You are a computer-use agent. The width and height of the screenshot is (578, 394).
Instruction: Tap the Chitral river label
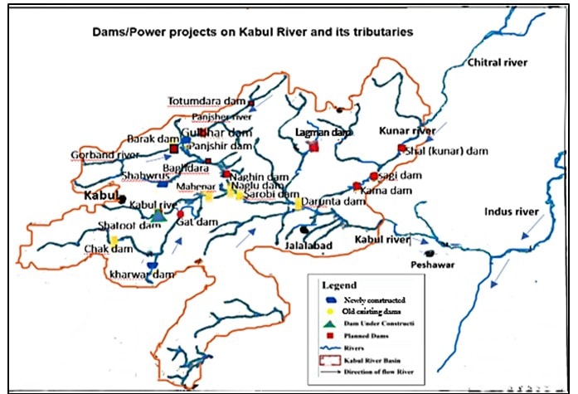coord(497,63)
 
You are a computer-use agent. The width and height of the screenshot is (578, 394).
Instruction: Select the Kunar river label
coord(407,131)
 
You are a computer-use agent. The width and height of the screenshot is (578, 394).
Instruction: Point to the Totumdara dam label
coord(206,101)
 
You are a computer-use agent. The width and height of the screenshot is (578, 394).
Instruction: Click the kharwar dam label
coord(137,274)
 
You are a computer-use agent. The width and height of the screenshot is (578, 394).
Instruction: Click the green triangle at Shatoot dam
coord(158,216)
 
